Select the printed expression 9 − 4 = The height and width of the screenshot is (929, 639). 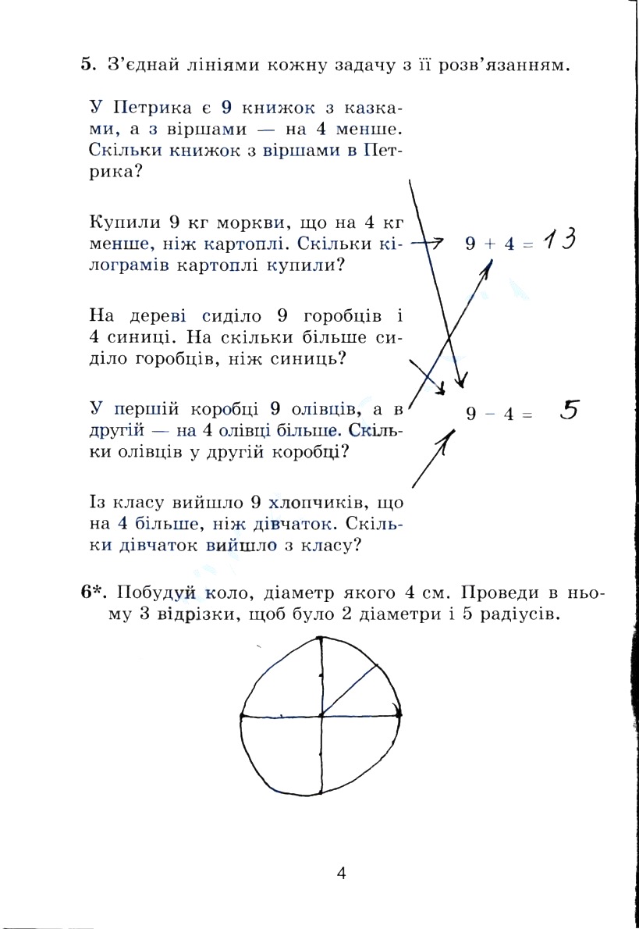(499, 415)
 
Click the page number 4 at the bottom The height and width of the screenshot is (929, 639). (341, 873)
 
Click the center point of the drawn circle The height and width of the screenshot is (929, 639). (321, 714)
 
